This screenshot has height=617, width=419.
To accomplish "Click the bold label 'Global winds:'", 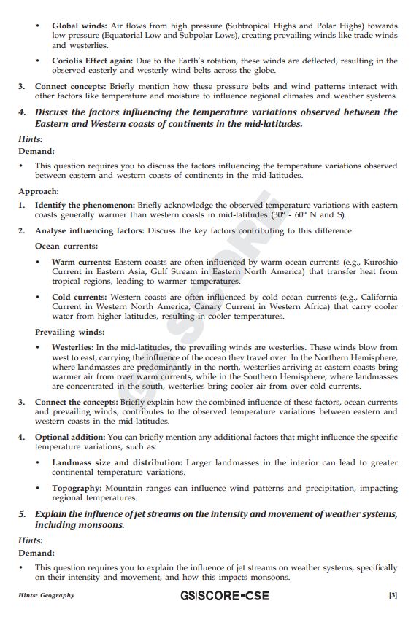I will [x=79, y=25].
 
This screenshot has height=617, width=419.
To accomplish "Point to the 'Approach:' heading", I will [x=39, y=191].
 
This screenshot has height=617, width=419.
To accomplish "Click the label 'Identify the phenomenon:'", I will [x=85, y=205].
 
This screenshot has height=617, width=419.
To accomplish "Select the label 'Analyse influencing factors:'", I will [x=90, y=230].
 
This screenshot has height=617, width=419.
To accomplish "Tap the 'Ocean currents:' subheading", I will [x=66, y=247].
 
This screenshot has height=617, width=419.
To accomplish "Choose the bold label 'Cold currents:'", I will [x=80, y=297].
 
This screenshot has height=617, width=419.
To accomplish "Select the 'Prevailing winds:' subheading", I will [x=69, y=332].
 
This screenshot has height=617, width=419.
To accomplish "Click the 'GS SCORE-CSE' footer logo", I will [x=224, y=596].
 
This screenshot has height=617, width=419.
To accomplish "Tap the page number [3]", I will [x=393, y=596].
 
